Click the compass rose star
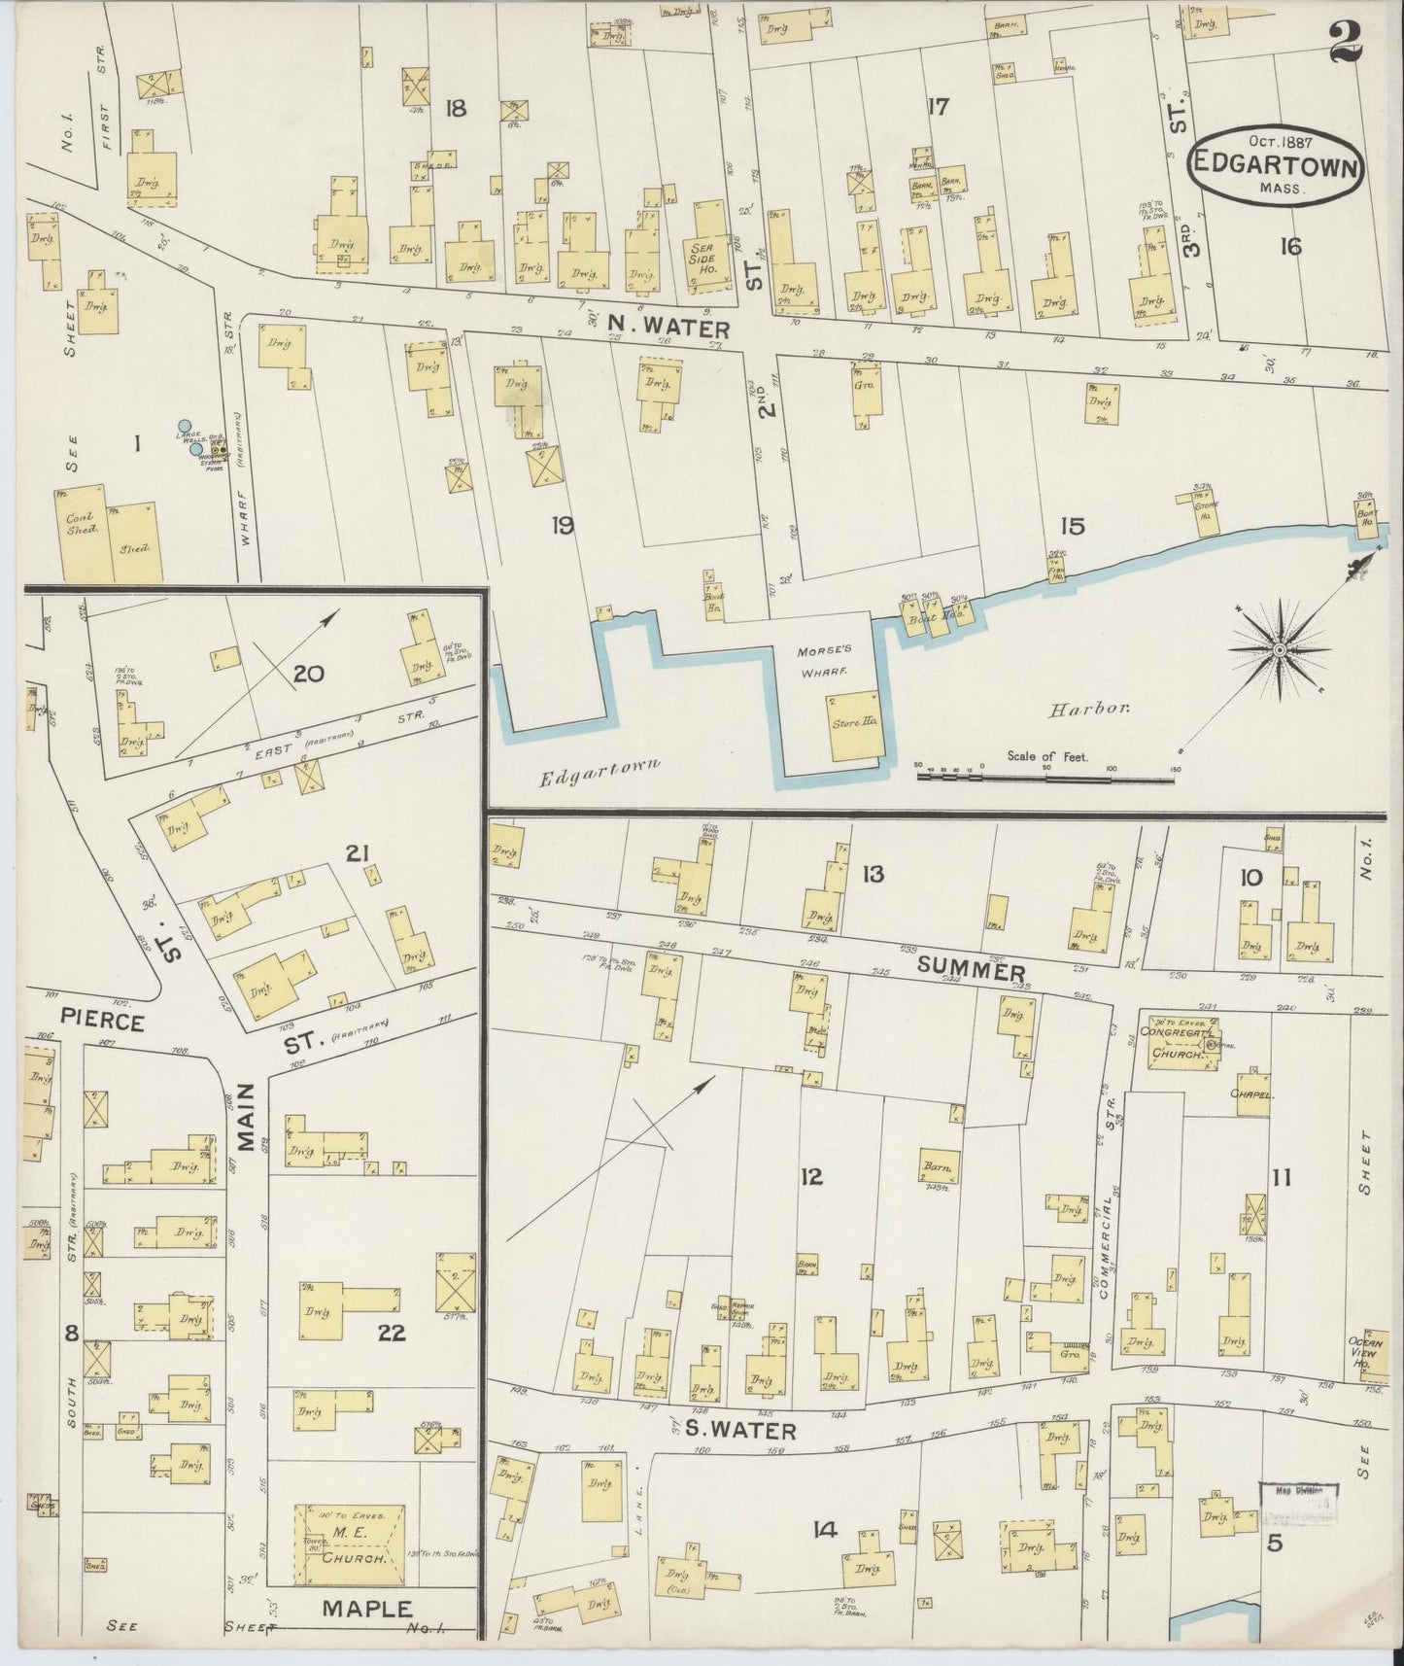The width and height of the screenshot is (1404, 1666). point(1280,650)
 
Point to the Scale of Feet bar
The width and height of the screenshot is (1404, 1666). point(1044,776)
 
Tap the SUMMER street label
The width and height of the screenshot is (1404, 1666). point(971,970)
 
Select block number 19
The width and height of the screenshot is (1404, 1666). point(562,526)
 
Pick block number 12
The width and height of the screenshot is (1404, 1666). point(811,1177)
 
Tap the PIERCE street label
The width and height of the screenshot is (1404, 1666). point(102,1023)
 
